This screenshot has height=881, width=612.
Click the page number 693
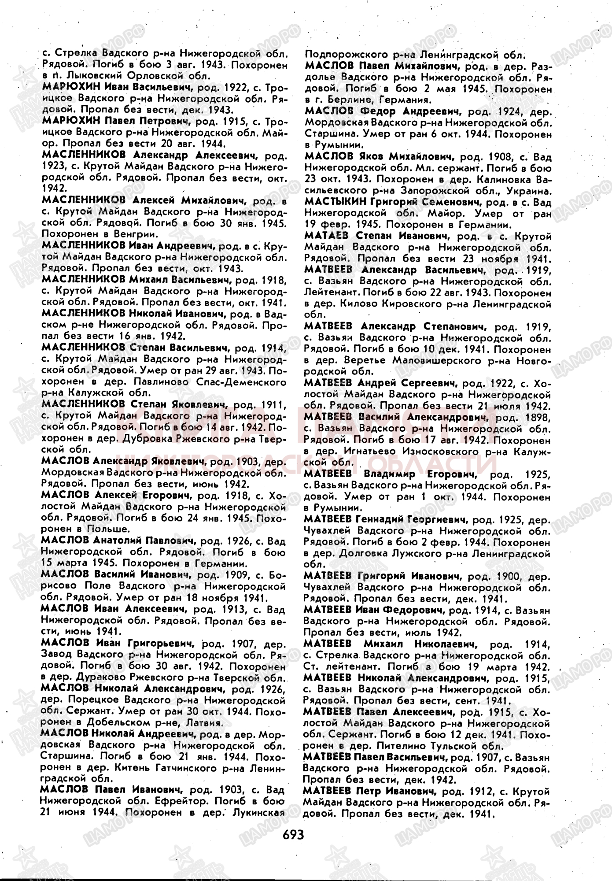294,834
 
